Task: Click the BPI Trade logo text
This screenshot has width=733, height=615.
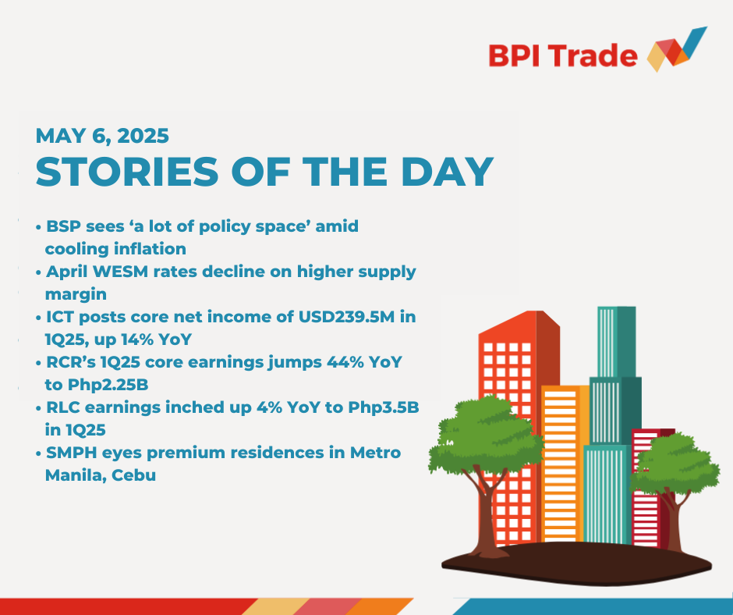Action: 563,55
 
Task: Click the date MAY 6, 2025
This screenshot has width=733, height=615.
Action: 102,136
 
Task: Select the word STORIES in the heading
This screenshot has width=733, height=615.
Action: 126,172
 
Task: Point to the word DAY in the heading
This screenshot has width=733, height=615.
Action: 448,172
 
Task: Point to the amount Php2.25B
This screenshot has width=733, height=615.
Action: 108,385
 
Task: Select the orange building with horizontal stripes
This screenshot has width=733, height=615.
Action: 565,464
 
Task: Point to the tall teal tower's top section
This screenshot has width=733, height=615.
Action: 616,342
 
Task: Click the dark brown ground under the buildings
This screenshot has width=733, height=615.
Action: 576,564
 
